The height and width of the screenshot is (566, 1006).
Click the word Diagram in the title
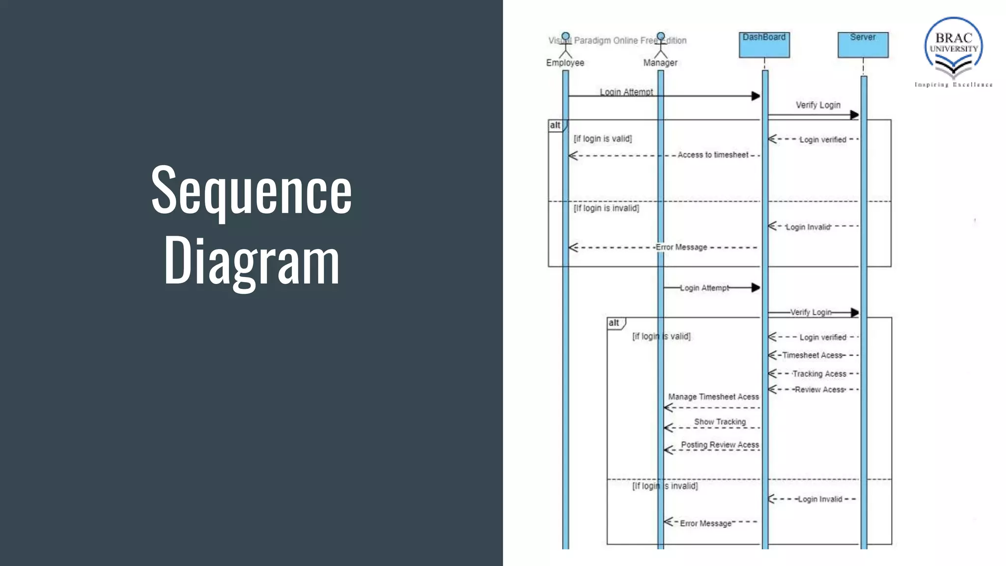click(251, 260)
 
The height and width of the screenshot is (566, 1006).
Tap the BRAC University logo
click(953, 47)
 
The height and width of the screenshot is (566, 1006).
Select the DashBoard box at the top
click(764, 45)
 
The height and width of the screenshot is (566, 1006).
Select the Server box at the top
click(863, 45)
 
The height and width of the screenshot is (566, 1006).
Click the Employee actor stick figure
click(565, 45)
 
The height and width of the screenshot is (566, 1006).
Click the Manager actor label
click(660, 63)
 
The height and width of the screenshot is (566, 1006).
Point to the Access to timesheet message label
click(713, 155)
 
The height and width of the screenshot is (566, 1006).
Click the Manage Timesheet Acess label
click(713, 396)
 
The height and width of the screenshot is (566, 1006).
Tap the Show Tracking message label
click(720, 422)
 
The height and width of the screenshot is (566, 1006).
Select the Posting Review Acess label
click(720, 445)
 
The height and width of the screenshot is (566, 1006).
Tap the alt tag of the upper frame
click(555, 125)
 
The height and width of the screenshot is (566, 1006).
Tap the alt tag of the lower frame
click(614, 323)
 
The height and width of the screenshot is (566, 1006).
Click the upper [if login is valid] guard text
click(603, 139)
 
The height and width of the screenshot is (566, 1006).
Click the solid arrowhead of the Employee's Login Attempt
click(755, 96)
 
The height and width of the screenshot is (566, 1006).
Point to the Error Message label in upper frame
click(681, 247)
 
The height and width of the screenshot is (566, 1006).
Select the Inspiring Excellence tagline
click(953, 85)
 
